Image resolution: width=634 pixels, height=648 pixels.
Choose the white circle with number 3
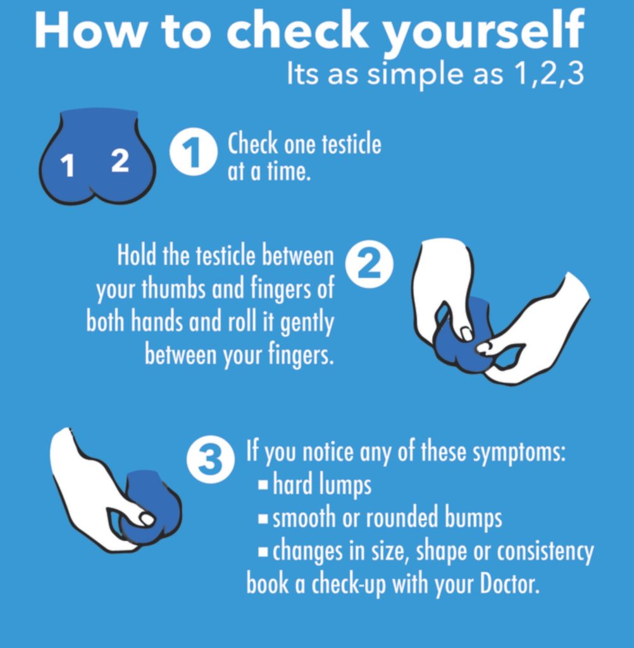[x=209, y=461]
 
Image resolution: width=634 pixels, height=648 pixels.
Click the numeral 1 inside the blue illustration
[x=68, y=166]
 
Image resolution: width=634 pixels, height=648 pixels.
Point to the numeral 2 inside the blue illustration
[x=120, y=161]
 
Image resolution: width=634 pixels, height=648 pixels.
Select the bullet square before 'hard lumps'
[x=264, y=486]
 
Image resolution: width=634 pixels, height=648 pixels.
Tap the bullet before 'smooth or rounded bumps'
[x=264, y=519]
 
